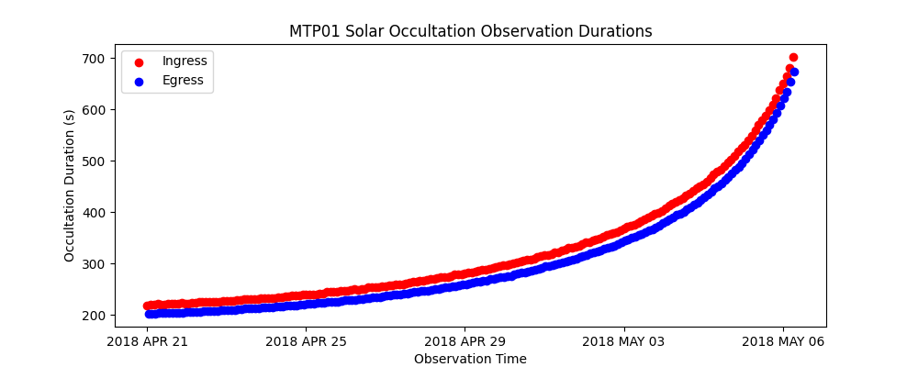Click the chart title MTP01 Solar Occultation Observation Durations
pos(470,31)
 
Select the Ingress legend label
pos(185,61)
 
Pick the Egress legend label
pos(183,81)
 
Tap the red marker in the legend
pos(140,61)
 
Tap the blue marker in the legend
pos(140,81)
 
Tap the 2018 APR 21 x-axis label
pos(147,342)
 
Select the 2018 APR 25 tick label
pos(306,342)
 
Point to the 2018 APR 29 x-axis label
pos(465,342)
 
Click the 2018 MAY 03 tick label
pos(624,342)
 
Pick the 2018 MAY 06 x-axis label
pos(783,342)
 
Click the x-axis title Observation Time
pos(470,359)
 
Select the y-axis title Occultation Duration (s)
pos(70,185)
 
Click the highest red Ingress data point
pos(793,57)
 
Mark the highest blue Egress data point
pos(794,72)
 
